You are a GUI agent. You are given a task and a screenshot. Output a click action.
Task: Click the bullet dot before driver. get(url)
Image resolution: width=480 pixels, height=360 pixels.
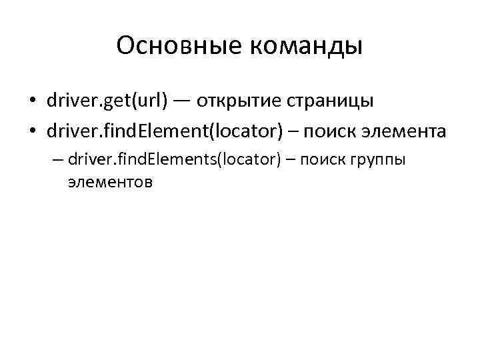point(32,102)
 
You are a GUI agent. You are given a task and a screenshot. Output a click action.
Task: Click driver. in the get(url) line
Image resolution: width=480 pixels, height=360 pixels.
point(71,102)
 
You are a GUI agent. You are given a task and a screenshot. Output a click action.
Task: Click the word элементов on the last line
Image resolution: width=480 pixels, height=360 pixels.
point(110,181)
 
